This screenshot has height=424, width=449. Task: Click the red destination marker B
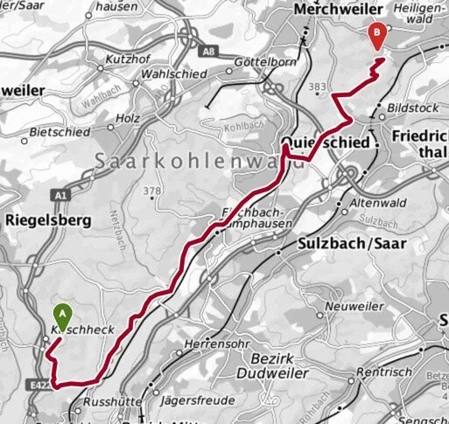(377, 36)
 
